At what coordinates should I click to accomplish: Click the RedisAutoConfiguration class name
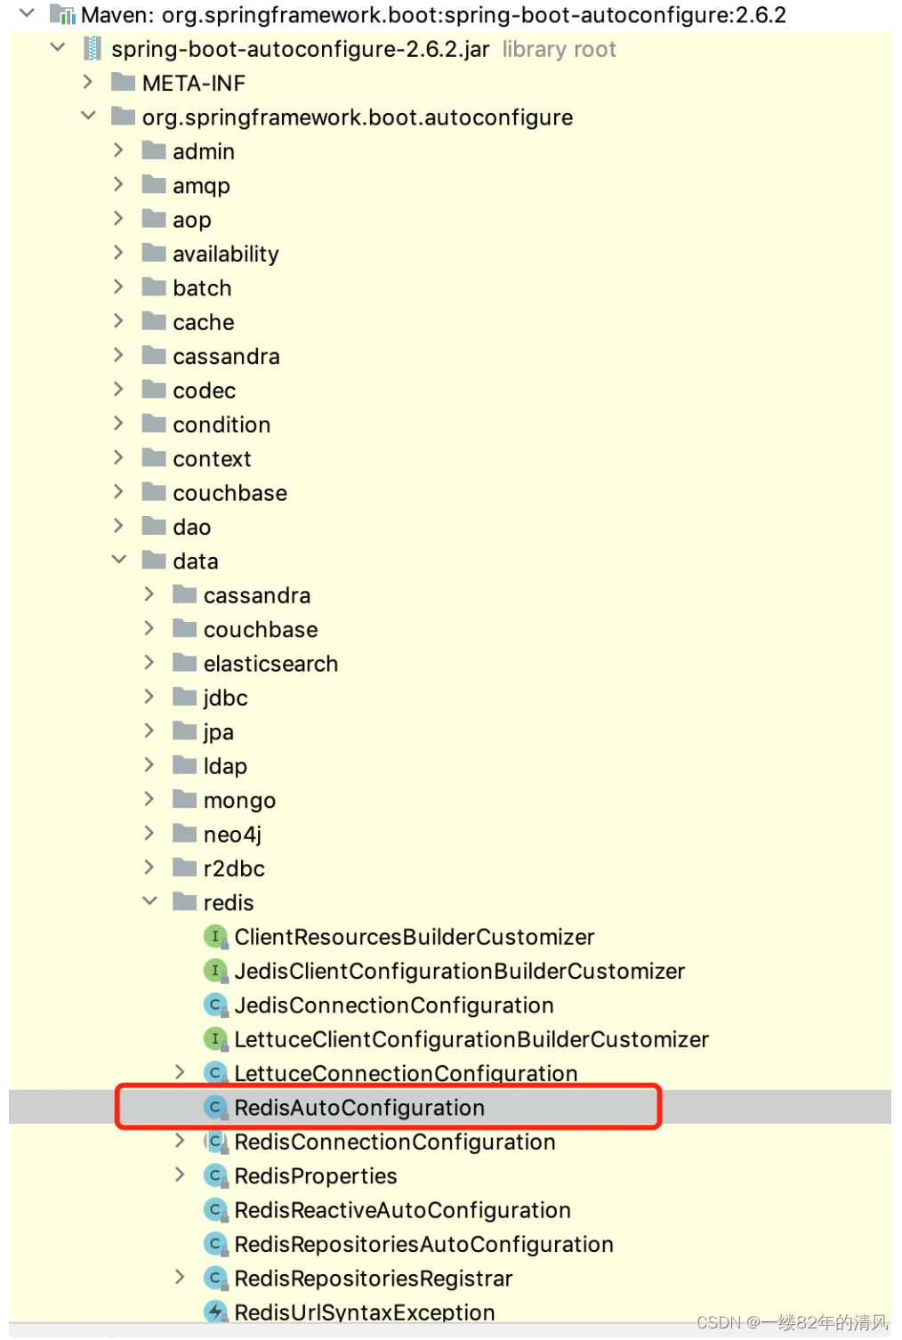pos(358,1107)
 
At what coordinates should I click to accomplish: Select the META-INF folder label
pos(194,83)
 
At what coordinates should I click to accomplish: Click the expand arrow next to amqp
pos(118,184)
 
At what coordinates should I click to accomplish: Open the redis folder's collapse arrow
pos(149,900)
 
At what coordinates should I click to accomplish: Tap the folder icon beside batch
pos(154,287)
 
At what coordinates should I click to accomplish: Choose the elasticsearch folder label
pos(270,664)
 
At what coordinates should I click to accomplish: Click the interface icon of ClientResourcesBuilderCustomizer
pos(215,937)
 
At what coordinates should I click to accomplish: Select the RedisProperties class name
pos(315,1175)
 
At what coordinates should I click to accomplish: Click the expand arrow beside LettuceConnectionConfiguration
pos(180,1071)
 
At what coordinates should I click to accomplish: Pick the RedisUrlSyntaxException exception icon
pos(215,1312)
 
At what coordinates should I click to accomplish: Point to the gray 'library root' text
pos(559,49)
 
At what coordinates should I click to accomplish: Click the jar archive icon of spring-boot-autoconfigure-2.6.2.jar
pos(92,48)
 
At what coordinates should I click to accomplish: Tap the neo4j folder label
pos(232,835)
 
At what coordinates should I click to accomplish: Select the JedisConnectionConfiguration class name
pos(393,1005)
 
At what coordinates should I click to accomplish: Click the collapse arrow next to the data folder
pos(119,560)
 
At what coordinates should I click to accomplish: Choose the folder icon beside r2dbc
pos(184,867)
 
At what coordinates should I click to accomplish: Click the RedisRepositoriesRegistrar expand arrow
pos(180,1277)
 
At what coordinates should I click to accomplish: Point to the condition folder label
pos(221,424)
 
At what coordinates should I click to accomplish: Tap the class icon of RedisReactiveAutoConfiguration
pos(215,1210)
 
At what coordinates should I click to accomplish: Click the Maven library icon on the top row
pos(62,14)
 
